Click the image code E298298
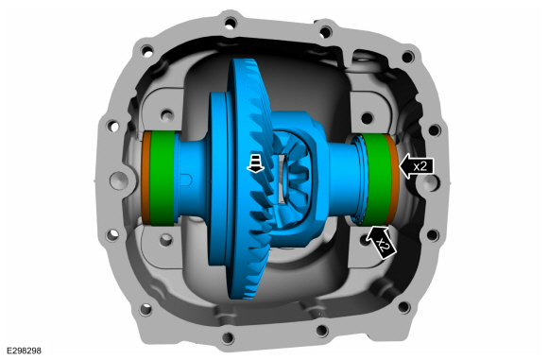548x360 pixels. point(24,351)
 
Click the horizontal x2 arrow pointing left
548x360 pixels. point(417,166)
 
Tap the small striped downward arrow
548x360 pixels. point(255,163)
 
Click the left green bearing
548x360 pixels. point(162,179)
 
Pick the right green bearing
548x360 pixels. point(376,179)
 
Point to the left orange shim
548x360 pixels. point(146,179)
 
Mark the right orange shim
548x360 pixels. point(393,179)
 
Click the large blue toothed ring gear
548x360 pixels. point(250,179)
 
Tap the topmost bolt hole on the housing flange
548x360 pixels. point(230,25)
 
